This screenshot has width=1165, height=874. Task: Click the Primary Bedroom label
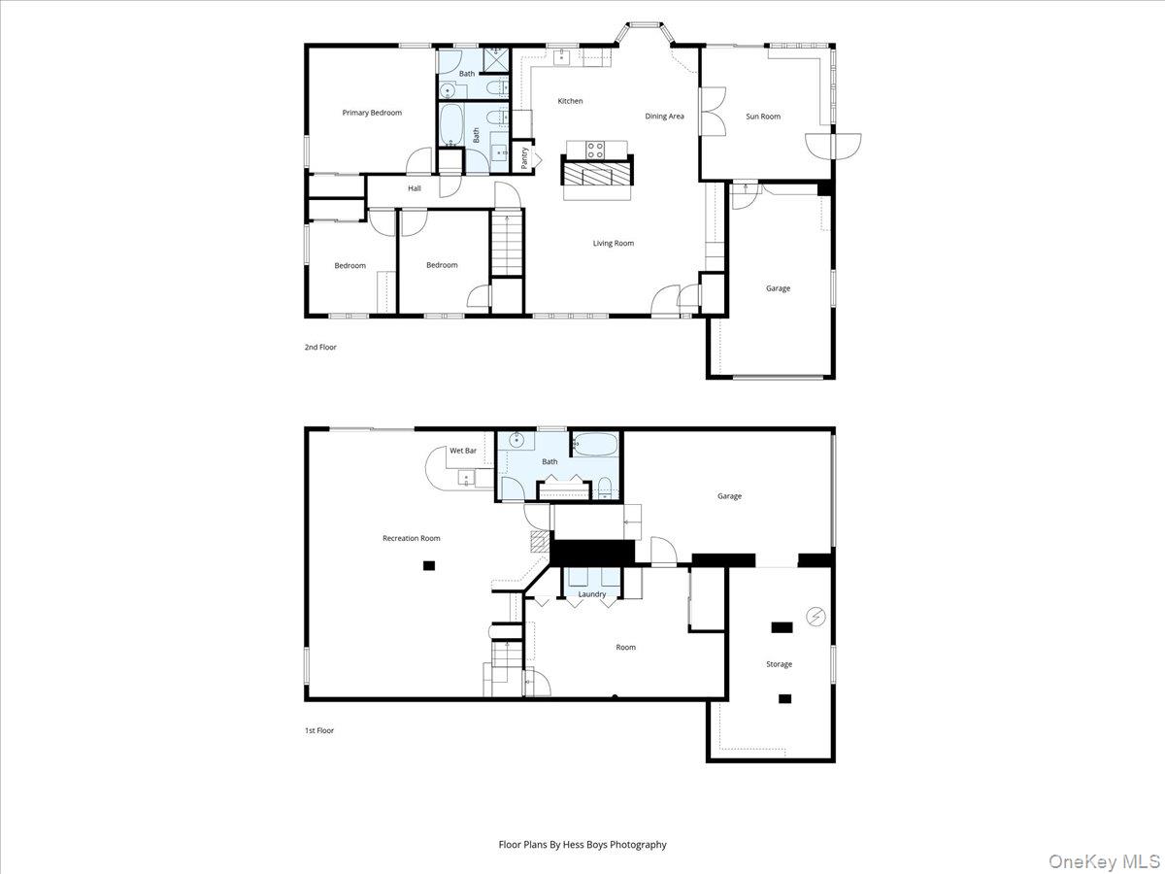click(x=372, y=113)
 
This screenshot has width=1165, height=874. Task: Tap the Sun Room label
click(x=763, y=117)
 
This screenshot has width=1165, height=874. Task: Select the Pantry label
click(x=524, y=158)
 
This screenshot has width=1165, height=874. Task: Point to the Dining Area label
click(x=664, y=117)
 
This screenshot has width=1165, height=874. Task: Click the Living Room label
click(x=613, y=243)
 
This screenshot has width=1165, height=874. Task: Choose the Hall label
click(x=414, y=188)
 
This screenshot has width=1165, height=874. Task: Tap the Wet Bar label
click(x=463, y=451)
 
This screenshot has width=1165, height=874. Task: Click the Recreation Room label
click(x=412, y=538)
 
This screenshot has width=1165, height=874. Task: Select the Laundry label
click(x=592, y=594)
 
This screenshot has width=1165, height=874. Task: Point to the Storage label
click(x=779, y=664)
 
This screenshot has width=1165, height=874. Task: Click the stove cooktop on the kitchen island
click(x=595, y=150)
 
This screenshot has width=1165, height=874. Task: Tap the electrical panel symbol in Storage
click(x=815, y=616)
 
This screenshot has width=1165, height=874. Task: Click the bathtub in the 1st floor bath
click(x=595, y=444)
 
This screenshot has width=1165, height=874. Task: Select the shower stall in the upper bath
click(x=496, y=59)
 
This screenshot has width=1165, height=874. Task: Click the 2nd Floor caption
click(x=320, y=347)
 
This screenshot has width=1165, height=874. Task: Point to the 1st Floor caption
click(x=319, y=730)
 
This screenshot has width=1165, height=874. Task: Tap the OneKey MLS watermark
click(x=1105, y=860)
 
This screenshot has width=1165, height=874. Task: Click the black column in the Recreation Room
click(x=429, y=566)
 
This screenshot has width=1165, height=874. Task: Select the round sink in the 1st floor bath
click(x=516, y=440)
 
